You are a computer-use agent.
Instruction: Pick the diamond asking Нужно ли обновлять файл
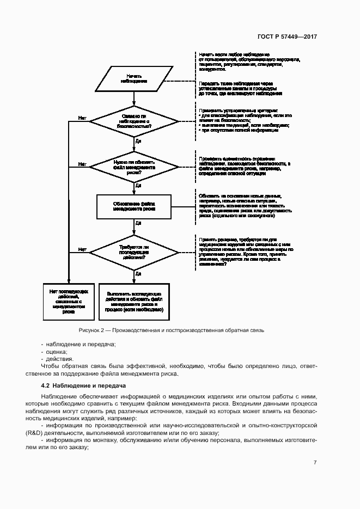(134, 165)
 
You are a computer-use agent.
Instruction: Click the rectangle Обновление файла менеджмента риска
(134, 206)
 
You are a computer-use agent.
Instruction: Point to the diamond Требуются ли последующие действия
(134, 252)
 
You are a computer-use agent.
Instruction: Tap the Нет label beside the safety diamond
(82, 117)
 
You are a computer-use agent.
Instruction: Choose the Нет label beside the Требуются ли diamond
(82, 249)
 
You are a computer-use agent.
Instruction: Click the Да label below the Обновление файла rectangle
(138, 223)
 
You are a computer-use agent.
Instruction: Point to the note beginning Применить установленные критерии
(243, 120)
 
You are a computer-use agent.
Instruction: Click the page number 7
(315, 463)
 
